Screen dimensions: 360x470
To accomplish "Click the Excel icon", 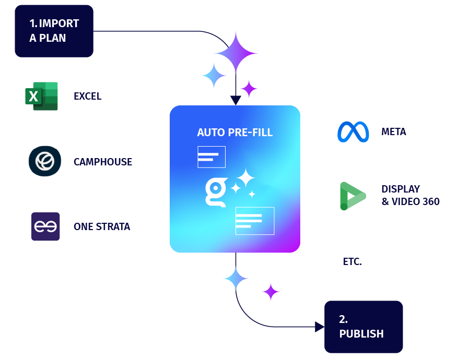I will point(41,96).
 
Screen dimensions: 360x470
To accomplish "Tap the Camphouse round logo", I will point(44,161).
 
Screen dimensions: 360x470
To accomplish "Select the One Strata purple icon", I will point(45,226).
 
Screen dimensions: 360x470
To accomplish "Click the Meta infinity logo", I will point(353,132).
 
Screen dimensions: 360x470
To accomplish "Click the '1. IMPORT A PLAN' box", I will point(54,31).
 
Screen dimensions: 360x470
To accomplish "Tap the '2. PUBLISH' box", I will point(363,327).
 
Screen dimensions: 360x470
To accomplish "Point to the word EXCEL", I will point(88,97).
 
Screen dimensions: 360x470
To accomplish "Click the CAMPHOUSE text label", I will point(103,162).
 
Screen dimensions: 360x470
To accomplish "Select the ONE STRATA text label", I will point(102,227).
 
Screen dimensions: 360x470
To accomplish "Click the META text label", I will point(394,132).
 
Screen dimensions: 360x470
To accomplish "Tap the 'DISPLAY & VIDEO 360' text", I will point(410,195).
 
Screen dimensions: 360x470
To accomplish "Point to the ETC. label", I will point(352,262).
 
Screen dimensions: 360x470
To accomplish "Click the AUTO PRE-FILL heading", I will point(235,133).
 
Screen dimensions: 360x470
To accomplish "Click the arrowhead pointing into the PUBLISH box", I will point(320,327).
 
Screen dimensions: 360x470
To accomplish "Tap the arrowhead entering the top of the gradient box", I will point(236,101).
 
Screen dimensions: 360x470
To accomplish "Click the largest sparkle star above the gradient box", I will point(236,52).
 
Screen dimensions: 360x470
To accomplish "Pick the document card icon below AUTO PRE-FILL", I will point(211,157).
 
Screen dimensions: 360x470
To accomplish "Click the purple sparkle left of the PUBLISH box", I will point(271,292).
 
